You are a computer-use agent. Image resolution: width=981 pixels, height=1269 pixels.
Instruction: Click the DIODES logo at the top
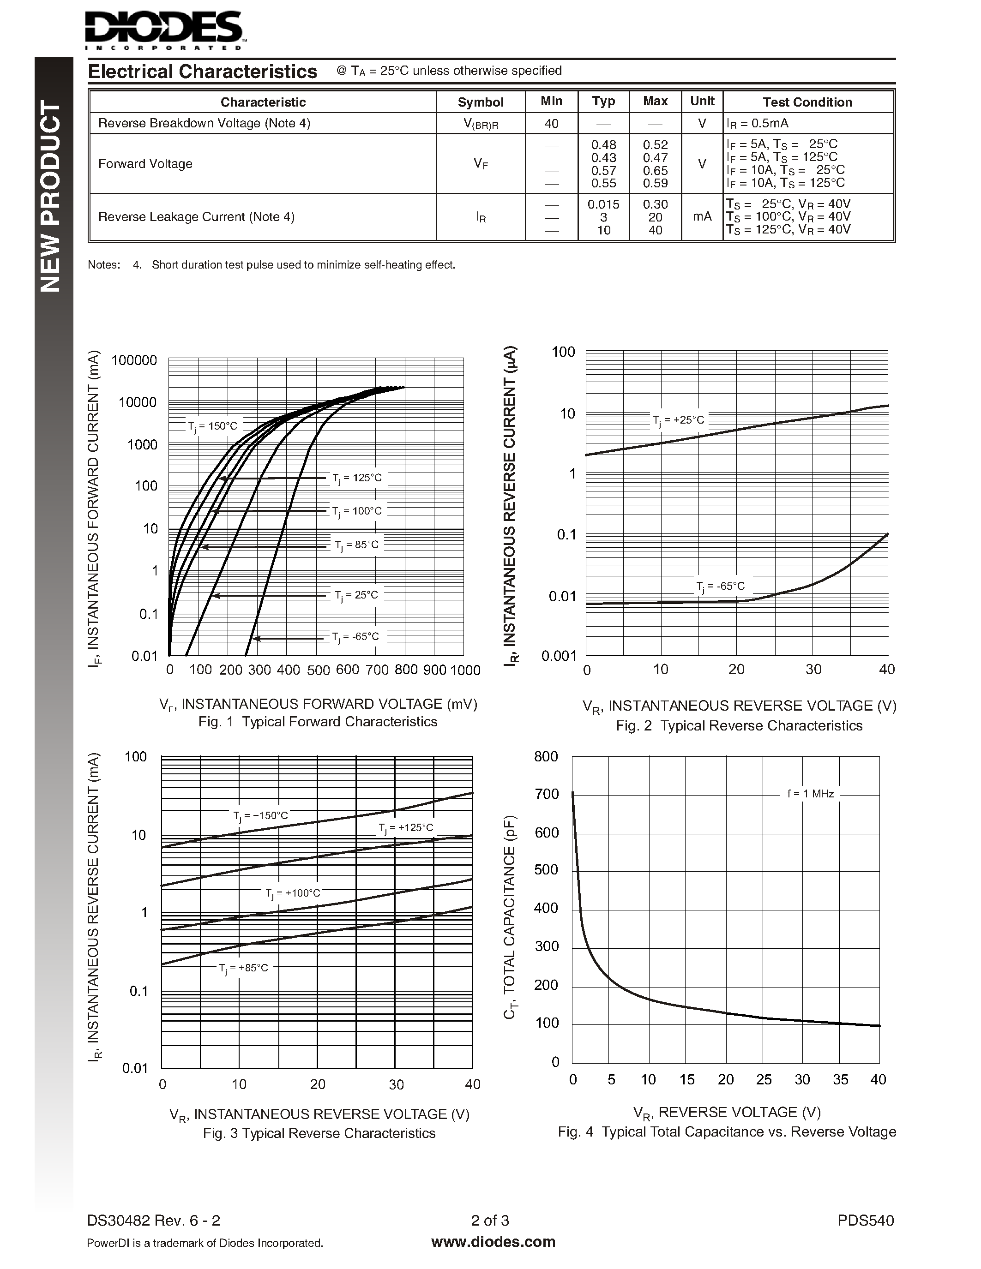point(163,29)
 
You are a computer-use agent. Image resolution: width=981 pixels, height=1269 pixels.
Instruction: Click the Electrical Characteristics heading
point(202,72)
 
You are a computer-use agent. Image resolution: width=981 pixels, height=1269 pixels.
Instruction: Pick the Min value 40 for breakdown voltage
point(551,123)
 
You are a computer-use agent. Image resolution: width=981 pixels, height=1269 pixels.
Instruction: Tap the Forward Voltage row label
point(145,164)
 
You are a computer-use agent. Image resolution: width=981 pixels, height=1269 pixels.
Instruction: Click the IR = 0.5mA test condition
point(757,123)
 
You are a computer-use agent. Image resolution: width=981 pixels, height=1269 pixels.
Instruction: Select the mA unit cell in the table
point(702,217)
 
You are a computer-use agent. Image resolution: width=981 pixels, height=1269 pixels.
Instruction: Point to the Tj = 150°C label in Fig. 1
point(213,426)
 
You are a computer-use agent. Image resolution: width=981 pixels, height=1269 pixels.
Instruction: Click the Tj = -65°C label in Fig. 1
point(355,637)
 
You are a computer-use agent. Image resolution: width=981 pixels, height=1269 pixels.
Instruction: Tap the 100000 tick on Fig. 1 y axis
point(134,360)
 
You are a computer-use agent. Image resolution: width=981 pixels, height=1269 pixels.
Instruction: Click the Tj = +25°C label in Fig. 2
point(678,420)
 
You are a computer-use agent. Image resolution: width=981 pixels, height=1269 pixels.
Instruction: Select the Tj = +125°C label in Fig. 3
point(406,828)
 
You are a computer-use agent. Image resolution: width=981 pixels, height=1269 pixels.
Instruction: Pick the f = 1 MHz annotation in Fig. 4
point(810,794)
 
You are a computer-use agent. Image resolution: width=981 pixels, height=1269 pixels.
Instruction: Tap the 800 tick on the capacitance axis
point(546,756)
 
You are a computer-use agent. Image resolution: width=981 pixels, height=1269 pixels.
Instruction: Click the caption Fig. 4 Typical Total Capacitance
point(727,1132)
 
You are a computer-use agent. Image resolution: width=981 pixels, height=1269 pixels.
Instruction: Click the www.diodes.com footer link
point(493,1242)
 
